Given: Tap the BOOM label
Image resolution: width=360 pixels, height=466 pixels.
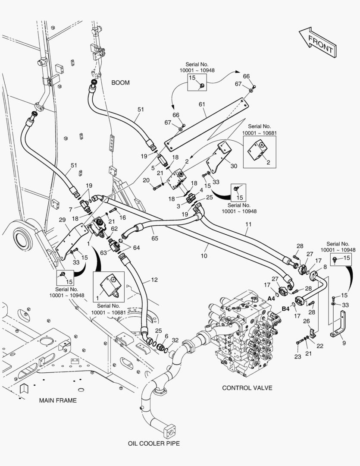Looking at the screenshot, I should point(120,83).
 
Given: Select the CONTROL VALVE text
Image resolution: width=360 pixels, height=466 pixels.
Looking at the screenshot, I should point(247,388).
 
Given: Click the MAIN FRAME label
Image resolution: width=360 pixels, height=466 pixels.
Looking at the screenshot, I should point(58,400).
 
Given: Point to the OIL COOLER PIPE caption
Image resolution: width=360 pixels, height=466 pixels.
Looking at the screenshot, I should point(153,443).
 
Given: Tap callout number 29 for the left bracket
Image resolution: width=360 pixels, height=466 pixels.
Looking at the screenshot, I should point(62,220).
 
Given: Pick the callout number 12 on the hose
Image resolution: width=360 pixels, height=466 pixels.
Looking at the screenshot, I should point(154,280).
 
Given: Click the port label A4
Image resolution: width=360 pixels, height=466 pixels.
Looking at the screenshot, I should point(272,298).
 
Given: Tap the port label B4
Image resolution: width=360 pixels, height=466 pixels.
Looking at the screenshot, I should point(285,309).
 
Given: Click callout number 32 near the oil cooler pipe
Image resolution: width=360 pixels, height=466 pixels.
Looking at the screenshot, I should point(175,340).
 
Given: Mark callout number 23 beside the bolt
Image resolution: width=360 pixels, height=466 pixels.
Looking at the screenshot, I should point(297,357).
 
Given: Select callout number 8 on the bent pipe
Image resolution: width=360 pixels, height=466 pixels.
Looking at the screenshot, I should point(325,267).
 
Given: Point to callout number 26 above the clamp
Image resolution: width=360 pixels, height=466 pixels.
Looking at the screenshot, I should point(307,321).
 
